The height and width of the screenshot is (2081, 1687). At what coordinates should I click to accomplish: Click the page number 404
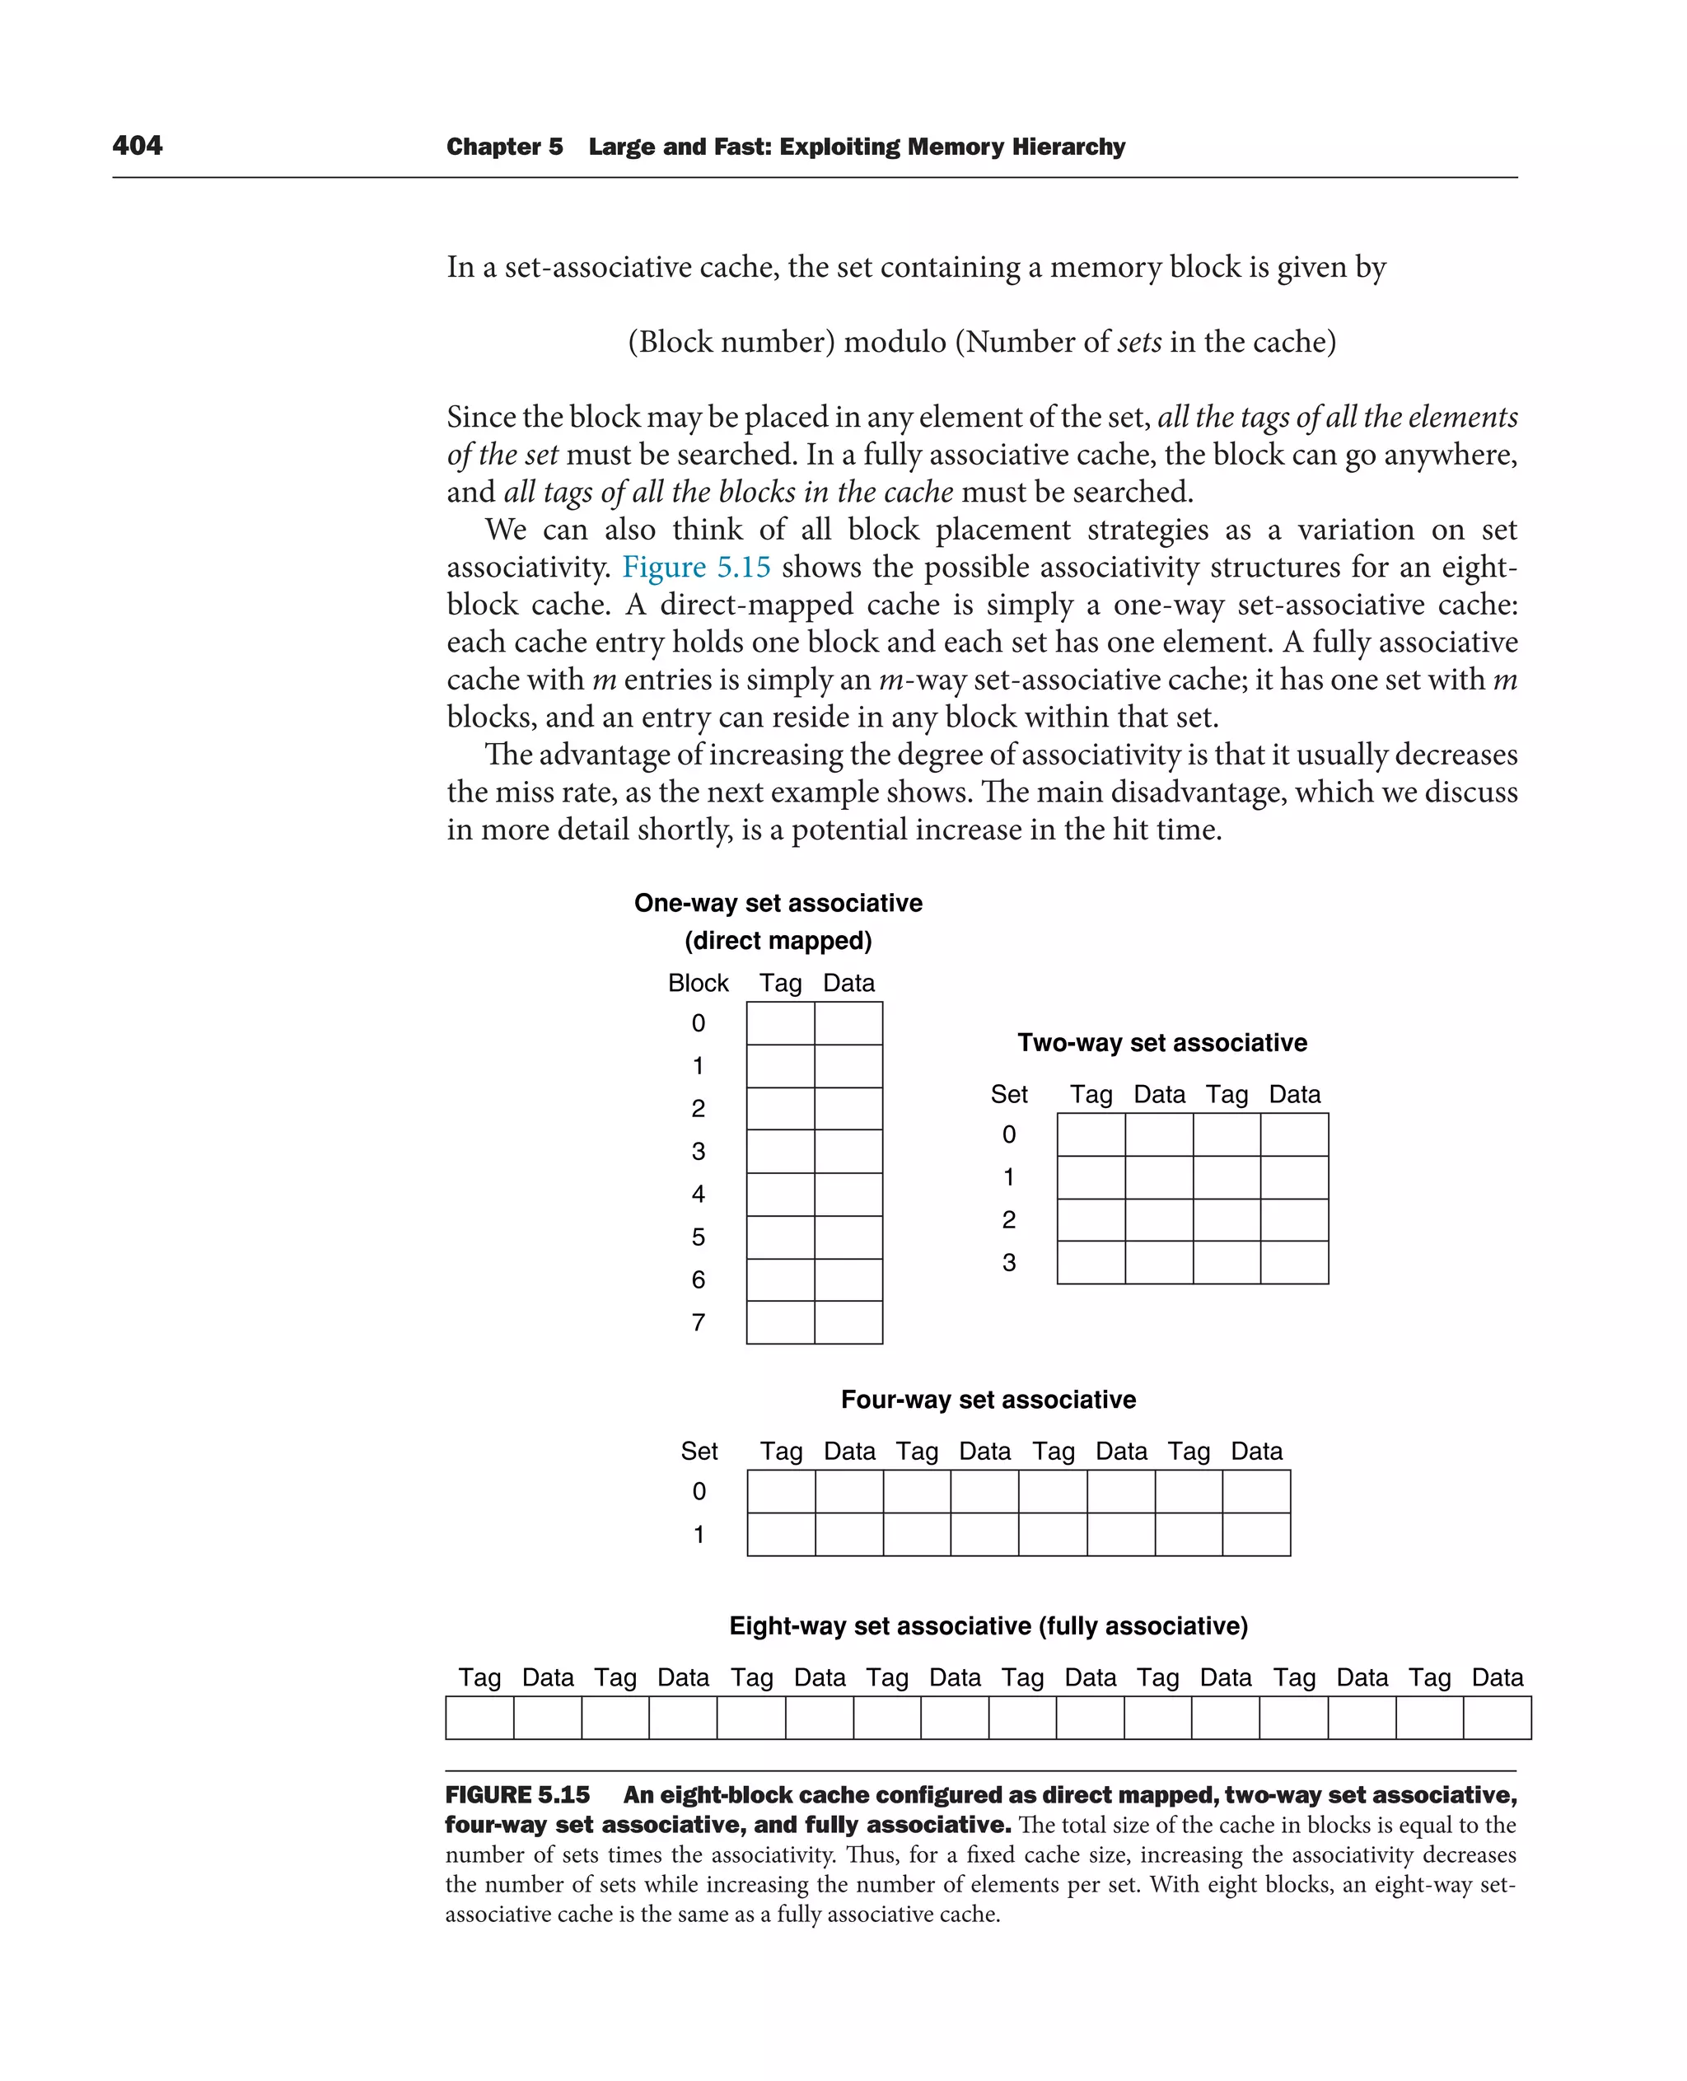tap(137, 146)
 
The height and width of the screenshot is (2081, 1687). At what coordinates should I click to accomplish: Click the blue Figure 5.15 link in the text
tap(696, 567)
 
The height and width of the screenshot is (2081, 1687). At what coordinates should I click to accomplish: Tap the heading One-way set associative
tap(778, 903)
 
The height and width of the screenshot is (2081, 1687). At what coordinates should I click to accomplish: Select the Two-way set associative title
tap(1161, 1043)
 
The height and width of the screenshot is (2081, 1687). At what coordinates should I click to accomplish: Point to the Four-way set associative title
tap(988, 1400)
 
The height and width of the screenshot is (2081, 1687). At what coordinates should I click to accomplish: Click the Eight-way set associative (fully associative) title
tap(988, 1626)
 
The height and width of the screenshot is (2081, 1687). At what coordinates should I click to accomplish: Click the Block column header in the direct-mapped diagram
tap(698, 983)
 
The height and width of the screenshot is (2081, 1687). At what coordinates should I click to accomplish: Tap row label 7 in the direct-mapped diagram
tap(698, 1323)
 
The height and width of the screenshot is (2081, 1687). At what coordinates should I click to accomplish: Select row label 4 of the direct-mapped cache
tap(698, 1195)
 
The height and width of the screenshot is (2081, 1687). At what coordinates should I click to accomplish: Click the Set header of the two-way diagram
tap(1009, 1094)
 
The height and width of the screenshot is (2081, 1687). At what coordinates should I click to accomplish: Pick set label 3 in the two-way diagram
tap(1009, 1263)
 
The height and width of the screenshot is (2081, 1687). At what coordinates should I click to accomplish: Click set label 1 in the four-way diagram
tap(698, 1535)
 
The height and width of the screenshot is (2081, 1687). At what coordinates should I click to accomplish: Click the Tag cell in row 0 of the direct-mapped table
tap(780, 1023)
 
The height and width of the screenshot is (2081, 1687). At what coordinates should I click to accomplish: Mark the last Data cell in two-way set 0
tap(1294, 1134)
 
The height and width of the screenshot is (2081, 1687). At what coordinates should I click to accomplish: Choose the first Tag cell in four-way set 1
tap(781, 1535)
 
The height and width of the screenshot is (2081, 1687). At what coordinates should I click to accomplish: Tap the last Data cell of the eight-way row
tap(1497, 1718)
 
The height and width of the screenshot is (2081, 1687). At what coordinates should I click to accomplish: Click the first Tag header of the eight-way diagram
tap(479, 1677)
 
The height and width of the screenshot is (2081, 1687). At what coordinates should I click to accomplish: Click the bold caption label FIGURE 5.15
tap(517, 1795)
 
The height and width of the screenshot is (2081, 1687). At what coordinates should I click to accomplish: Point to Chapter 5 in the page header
tap(504, 147)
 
